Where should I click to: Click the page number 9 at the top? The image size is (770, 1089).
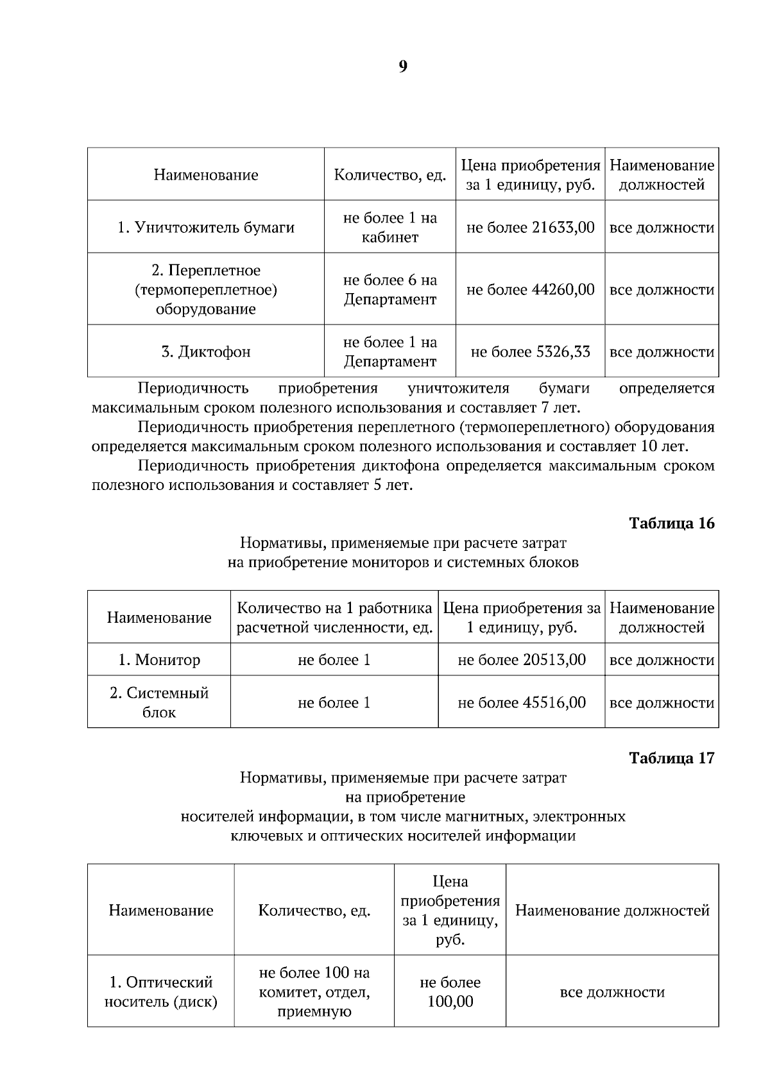[x=402, y=67]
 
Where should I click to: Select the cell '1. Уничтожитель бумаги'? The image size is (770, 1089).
[x=205, y=228]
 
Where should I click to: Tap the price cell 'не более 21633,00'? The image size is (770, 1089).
[x=530, y=228]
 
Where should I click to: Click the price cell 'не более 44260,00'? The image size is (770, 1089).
[x=530, y=290]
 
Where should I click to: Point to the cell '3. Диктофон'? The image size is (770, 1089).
[x=205, y=352]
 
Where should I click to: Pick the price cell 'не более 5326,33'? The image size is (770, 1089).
[x=530, y=352]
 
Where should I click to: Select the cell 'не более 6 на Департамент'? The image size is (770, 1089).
[x=389, y=290]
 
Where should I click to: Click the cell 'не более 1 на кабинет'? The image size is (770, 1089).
[x=389, y=228]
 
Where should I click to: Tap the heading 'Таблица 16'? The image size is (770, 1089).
[x=671, y=523]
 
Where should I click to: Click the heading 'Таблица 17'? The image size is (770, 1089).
[x=671, y=758]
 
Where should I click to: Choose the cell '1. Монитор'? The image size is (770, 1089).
[x=158, y=660]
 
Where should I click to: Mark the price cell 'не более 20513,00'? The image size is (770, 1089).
[x=521, y=660]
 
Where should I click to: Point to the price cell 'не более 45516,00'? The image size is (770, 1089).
[x=521, y=703]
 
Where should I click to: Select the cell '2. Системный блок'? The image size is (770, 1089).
[x=158, y=703]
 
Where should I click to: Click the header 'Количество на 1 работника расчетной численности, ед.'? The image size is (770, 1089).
[x=334, y=618]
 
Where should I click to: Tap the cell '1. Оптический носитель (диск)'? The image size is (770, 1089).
[x=160, y=992]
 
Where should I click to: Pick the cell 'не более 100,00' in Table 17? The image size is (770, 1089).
[x=450, y=992]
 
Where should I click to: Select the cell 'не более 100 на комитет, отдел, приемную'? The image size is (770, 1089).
[x=314, y=992]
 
